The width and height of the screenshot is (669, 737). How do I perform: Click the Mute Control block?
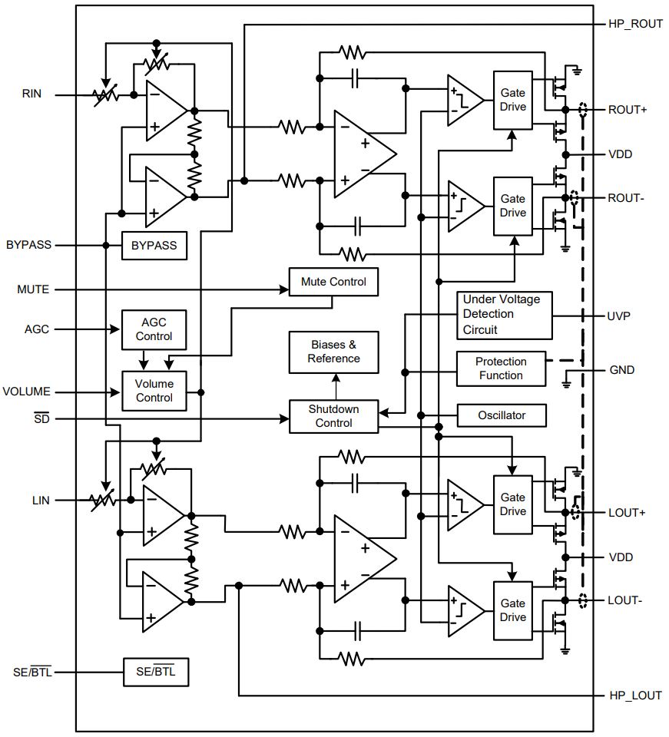(x=333, y=282)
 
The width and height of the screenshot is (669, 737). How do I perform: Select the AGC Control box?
(x=154, y=329)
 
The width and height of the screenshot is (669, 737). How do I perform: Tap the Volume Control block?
(x=154, y=391)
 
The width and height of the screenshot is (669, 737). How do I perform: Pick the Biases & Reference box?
(x=334, y=352)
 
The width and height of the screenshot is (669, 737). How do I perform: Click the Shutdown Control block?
(x=334, y=416)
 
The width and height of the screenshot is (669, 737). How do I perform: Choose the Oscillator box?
(x=502, y=415)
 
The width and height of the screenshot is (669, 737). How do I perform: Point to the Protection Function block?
(x=501, y=369)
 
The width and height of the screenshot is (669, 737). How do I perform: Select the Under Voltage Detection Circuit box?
(x=505, y=315)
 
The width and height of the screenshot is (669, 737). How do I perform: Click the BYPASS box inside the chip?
(x=154, y=246)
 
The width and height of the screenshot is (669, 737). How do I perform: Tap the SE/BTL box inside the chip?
(x=156, y=673)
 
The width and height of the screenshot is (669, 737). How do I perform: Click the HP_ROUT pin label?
(x=635, y=24)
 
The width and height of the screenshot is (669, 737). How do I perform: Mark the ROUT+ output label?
(x=628, y=110)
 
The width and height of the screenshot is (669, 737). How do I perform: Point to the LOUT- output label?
(x=624, y=600)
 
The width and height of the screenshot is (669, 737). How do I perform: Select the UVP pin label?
(x=618, y=316)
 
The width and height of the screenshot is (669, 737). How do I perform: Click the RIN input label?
(x=31, y=94)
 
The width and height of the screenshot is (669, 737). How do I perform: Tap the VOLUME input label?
(x=26, y=392)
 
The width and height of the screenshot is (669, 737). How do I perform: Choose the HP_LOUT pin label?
(x=635, y=696)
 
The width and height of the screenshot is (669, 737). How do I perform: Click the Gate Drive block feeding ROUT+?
(x=513, y=100)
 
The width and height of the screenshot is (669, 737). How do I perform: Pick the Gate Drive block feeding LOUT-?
(x=513, y=610)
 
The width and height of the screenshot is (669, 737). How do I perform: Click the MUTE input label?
(x=33, y=289)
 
